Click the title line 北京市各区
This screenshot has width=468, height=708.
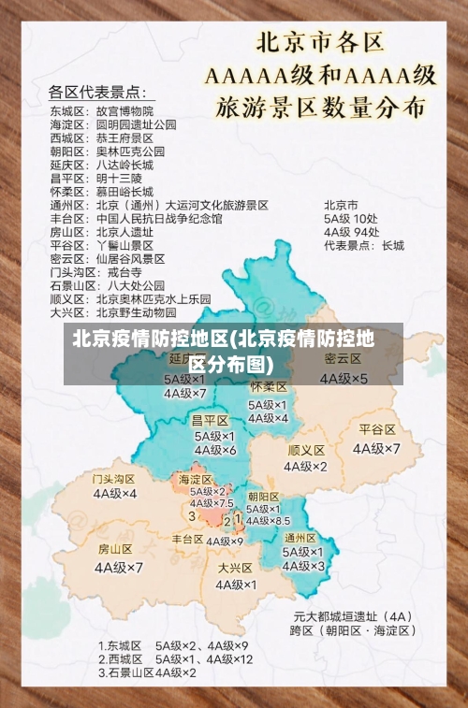(321, 43)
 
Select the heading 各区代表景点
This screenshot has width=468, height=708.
(96, 92)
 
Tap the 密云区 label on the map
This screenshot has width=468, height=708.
(344, 359)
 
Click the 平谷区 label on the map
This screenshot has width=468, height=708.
(377, 429)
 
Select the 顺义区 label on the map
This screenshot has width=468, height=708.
(306, 450)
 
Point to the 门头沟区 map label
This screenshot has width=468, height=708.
(114, 478)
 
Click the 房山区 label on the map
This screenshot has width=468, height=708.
(116, 549)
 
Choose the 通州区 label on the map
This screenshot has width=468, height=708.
(300, 538)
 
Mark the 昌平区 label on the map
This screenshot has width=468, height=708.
(211, 420)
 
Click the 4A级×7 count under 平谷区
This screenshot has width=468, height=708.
(376, 448)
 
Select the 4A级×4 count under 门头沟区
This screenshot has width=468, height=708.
(114, 493)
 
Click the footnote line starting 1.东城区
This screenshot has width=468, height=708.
(173, 645)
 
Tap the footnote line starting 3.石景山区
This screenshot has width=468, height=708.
(147, 672)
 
